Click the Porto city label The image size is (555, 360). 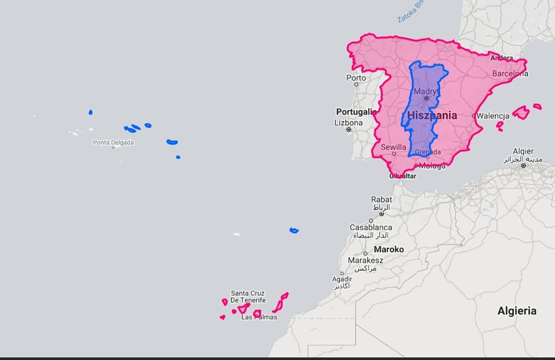click(x=356, y=78)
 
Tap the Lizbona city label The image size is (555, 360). click(x=348, y=123)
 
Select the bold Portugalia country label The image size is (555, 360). click(x=356, y=111)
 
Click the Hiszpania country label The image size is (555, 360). click(x=432, y=116)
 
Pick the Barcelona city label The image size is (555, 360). click(x=510, y=73)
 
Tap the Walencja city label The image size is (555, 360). click(x=492, y=116)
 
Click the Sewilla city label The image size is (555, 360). click(x=393, y=147)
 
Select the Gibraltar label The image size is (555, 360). click(x=402, y=176)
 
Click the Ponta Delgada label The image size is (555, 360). click(x=114, y=142)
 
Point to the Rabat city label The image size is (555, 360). click(x=381, y=199)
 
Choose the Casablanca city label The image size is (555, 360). click(x=371, y=227)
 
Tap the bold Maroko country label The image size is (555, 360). click(x=388, y=249)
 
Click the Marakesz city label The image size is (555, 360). click(x=365, y=260)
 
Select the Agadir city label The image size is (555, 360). click(x=342, y=279)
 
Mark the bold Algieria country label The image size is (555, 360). click(x=516, y=311)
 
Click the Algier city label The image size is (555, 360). click(x=523, y=151)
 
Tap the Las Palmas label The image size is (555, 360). click(x=259, y=317)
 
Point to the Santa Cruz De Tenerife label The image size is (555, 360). click(x=248, y=296)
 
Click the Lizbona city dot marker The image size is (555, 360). click(x=349, y=129)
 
